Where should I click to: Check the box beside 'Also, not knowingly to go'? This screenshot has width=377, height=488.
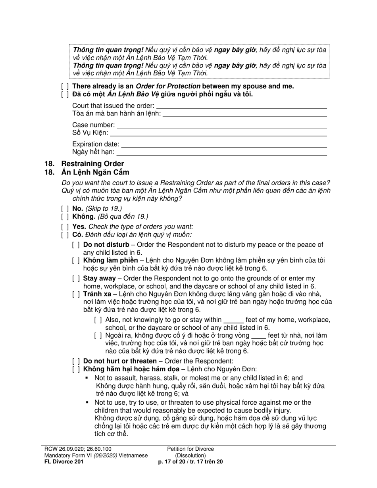(x=98, y=320)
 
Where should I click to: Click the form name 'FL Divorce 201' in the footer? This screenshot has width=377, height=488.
(x=64, y=461)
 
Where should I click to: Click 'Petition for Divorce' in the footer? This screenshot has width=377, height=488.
(x=190, y=449)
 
